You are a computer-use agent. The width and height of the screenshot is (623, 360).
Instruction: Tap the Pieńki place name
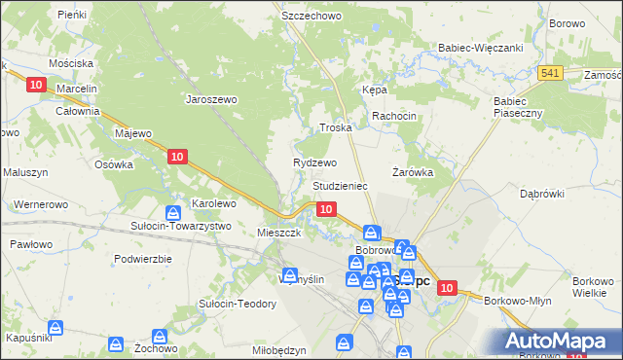(x=71, y=15)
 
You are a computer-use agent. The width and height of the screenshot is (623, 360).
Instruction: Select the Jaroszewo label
(x=211, y=98)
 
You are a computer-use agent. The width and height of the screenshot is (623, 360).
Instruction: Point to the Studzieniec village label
(x=339, y=185)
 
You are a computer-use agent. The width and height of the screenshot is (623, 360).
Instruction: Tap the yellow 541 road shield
(x=550, y=73)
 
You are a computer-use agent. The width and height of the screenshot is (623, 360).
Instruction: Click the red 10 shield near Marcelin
(x=36, y=86)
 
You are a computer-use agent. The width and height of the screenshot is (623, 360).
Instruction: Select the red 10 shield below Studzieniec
(x=326, y=209)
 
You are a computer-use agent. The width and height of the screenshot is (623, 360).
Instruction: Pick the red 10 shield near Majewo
(x=176, y=156)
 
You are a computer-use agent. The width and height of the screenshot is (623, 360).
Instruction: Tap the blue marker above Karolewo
(x=172, y=213)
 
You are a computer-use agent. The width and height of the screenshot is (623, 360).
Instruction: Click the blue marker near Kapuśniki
(x=56, y=329)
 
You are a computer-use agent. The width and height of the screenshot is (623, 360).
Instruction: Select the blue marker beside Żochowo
(x=116, y=342)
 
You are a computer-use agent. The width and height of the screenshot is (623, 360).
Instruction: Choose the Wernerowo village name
(x=40, y=204)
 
